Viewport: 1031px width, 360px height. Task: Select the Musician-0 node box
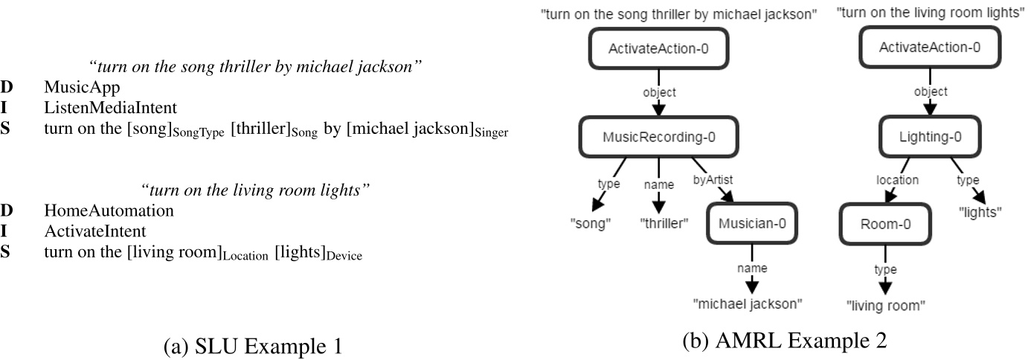[753, 221]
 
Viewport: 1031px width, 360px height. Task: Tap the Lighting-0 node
[929, 135]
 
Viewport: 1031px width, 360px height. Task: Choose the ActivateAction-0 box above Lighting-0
[929, 48]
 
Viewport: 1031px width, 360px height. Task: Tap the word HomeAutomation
[109, 210]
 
